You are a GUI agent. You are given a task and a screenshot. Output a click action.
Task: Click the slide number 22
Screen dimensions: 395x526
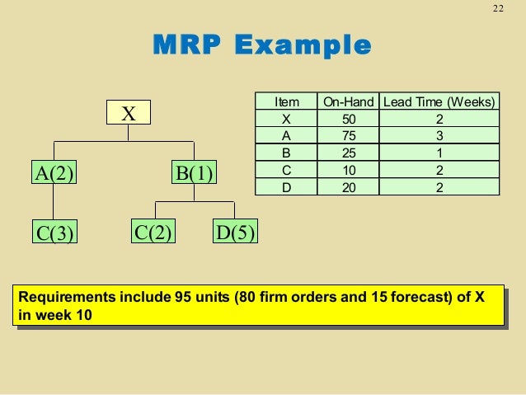pos(498,9)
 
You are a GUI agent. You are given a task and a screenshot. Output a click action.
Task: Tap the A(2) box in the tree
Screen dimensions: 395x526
pos(54,172)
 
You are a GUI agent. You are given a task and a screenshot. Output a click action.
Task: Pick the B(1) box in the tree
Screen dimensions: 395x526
pos(194,172)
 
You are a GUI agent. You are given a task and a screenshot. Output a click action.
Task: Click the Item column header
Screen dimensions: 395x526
pos(287,102)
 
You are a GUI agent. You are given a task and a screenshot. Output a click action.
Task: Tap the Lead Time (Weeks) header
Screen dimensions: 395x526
pos(439,102)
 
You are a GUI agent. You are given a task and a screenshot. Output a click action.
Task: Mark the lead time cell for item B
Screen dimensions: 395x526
pos(439,153)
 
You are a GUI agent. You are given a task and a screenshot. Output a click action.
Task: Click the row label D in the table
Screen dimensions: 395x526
pos(287,187)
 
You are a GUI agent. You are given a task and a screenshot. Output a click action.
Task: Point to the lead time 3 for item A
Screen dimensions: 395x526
pos(439,136)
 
